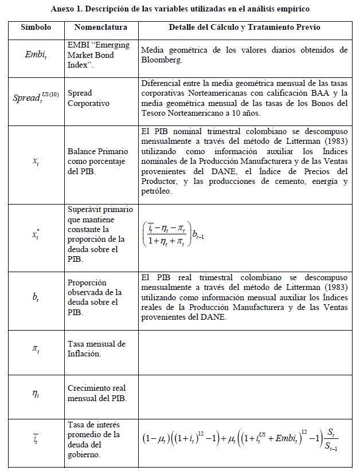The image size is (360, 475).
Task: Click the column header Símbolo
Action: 36,28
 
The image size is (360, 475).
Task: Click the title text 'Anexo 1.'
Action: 68,9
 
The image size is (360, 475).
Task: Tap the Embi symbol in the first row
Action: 36,54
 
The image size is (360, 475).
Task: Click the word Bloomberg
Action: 162,59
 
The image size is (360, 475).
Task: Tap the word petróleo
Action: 157,191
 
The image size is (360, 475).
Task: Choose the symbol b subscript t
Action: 36,297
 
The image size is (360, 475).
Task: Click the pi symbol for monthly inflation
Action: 36,348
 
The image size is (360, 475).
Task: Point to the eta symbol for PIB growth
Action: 36,394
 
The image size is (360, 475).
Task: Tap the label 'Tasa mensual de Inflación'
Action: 96,348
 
